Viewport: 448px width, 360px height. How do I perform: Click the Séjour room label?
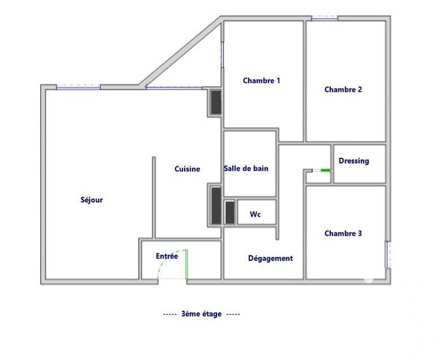pos(91,199)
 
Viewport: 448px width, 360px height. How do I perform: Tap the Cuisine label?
pos(187,169)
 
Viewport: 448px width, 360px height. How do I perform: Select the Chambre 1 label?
pos(262,81)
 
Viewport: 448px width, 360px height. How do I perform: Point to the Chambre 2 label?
pos(343,90)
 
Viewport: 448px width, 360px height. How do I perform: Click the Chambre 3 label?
pos(343,233)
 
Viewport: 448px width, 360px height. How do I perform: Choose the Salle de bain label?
pos(246,168)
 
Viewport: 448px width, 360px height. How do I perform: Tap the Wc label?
pos(255,214)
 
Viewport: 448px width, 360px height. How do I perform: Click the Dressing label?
pos(354,161)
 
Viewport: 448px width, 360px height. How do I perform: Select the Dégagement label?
pos(270,258)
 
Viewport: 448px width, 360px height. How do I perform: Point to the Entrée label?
pos(167,256)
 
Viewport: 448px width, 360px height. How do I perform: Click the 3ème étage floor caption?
pos(201,314)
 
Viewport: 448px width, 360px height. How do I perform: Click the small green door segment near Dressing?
pos(326,170)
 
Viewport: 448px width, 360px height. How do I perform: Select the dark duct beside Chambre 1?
pos(216,102)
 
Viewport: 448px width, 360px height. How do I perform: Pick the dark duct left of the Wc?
pos(230,213)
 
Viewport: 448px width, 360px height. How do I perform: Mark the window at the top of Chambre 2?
pos(324,18)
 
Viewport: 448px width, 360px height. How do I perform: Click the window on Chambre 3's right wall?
pos(388,254)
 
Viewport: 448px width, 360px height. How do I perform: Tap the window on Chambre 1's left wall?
pos(222,55)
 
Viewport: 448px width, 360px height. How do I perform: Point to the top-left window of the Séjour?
pos(79,87)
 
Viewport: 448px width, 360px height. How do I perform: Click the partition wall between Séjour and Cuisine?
pos(154,197)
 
